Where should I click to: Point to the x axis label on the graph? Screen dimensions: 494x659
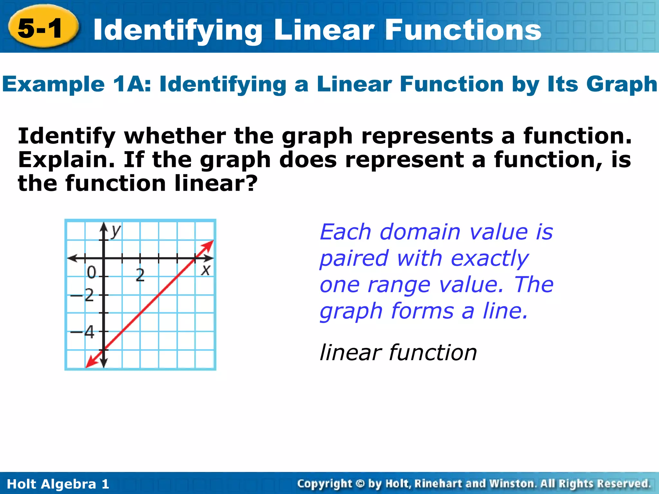coord(205,270)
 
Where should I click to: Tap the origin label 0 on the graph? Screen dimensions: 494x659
coord(92,273)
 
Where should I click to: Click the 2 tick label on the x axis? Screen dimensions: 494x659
coord(140,275)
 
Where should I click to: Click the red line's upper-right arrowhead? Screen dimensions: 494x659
coord(209,245)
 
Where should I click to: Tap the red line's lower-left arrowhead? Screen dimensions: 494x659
coord(91,363)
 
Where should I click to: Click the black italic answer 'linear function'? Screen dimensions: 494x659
coord(398,352)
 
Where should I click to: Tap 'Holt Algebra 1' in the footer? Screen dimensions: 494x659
coord(58,484)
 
